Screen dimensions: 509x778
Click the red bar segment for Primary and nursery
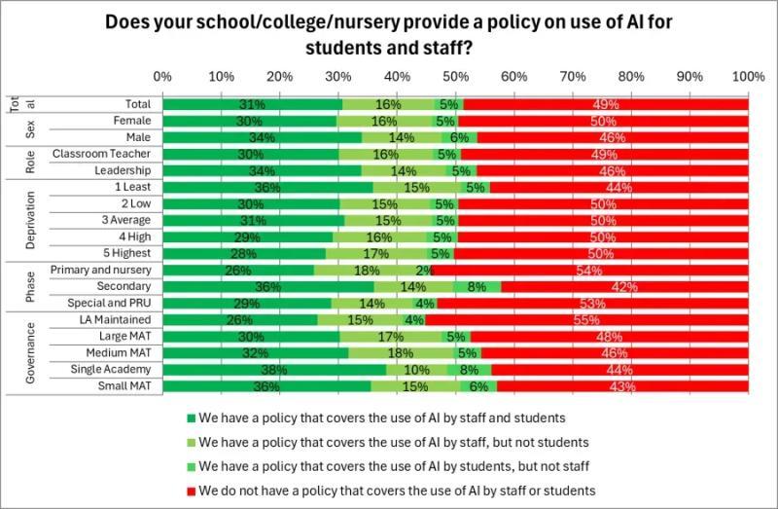click(x=591, y=270)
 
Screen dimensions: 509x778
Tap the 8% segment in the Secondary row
click(x=477, y=286)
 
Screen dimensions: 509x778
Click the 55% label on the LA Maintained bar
click(x=585, y=320)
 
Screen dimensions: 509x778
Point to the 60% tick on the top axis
click(x=514, y=76)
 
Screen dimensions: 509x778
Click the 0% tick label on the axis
click(x=163, y=76)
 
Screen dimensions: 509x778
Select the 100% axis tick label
click(x=748, y=76)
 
